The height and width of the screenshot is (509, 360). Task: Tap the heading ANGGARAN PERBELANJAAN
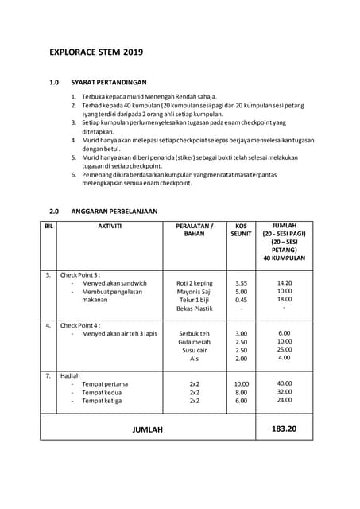tap(114, 212)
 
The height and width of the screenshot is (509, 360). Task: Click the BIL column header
tap(48, 226)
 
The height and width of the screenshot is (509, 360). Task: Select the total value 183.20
tap(284, 429)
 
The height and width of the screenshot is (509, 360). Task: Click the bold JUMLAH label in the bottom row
tap(147, 430)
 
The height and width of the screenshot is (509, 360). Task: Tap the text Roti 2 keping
tap(195, 282)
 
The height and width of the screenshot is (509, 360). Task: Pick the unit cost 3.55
tap(242, 282)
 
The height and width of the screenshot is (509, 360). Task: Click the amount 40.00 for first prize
tap(284, 383)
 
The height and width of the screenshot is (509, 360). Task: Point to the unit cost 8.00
tap(242, 392)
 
